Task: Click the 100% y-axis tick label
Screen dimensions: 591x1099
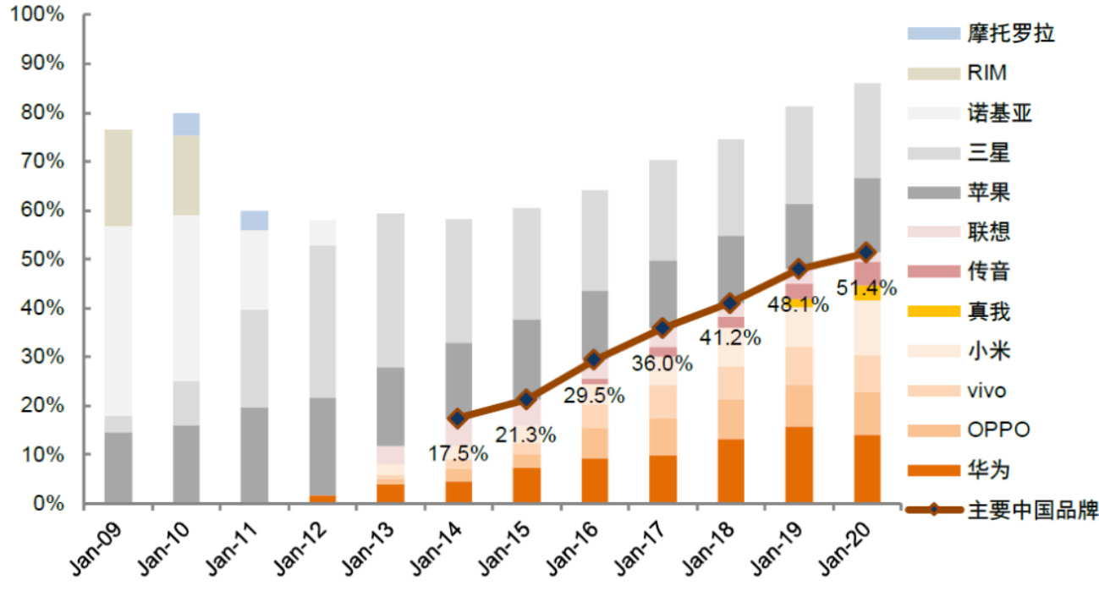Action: point(36,15)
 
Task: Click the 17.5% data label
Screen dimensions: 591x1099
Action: point(457,453)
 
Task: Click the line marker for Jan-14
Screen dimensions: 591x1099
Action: point(458,418)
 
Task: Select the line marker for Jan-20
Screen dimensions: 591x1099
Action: point(866,252)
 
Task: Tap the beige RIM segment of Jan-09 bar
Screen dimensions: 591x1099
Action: point(118,178)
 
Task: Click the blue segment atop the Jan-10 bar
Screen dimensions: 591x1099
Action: point(186,123)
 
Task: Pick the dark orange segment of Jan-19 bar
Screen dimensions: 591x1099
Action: point(799,465)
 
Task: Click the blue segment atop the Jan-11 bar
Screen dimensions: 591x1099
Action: point(255,220)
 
